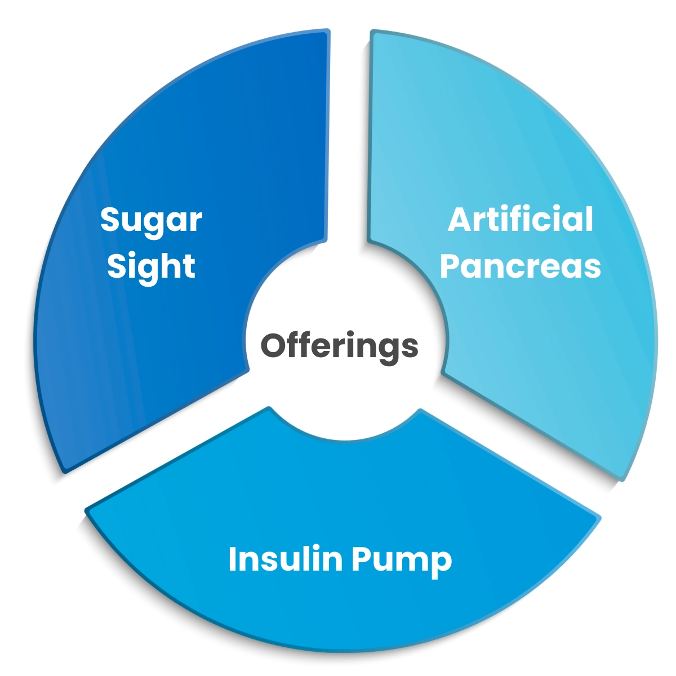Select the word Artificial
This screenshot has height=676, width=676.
[x=521, y=219]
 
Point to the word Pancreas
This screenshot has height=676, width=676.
[x=521, y=266]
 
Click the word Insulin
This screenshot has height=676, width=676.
[x=286, y=559]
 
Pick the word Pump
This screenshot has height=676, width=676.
[x=402, y=562]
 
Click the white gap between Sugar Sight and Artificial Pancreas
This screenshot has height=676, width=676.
[x=349, y=140]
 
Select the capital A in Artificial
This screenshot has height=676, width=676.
[x=461, y=219]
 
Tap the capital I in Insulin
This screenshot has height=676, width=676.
[x=232, y=559]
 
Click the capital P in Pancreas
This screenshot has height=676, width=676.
[x=450, y=266]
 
